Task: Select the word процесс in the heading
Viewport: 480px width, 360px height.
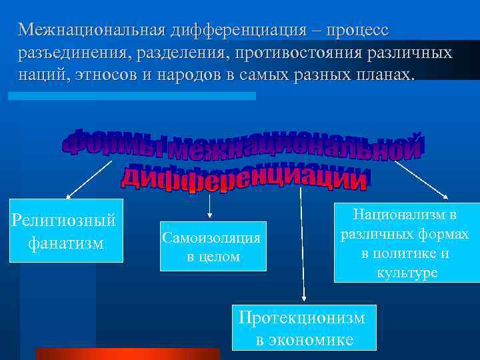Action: [357, 30]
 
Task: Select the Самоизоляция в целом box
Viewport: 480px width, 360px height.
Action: [213, 246]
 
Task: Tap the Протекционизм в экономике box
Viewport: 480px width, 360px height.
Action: [303, 327]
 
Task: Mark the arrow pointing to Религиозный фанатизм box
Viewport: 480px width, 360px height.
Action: [90, 178]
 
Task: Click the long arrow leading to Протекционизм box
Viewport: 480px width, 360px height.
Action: [303, 247]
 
